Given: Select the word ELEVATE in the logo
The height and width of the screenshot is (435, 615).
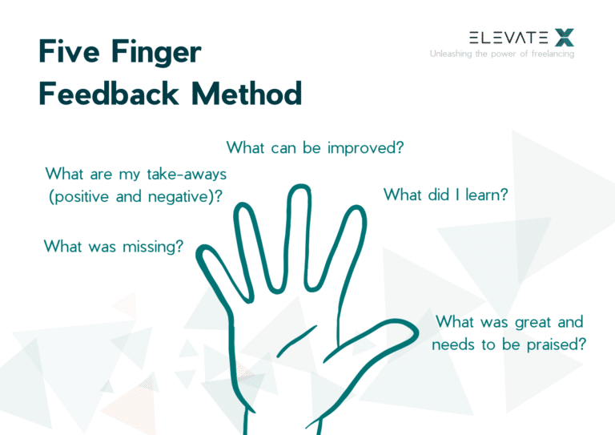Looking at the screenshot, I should click(x=508, y=37).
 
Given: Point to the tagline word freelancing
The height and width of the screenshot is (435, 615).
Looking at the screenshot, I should click(x=550, y=54).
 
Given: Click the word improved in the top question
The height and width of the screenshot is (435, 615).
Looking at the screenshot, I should click(x=366, y=148).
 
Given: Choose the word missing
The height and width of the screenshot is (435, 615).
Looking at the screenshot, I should click(x=154, y=247).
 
